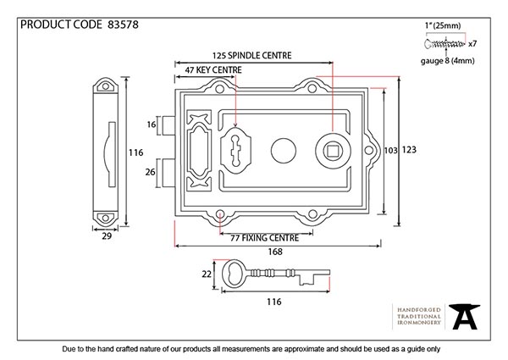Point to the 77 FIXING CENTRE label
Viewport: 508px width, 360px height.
(263, 239)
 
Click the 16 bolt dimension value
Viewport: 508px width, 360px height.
(152, 125)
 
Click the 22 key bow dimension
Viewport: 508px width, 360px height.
(205, 274)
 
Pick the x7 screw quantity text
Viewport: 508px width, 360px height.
(473, 43)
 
